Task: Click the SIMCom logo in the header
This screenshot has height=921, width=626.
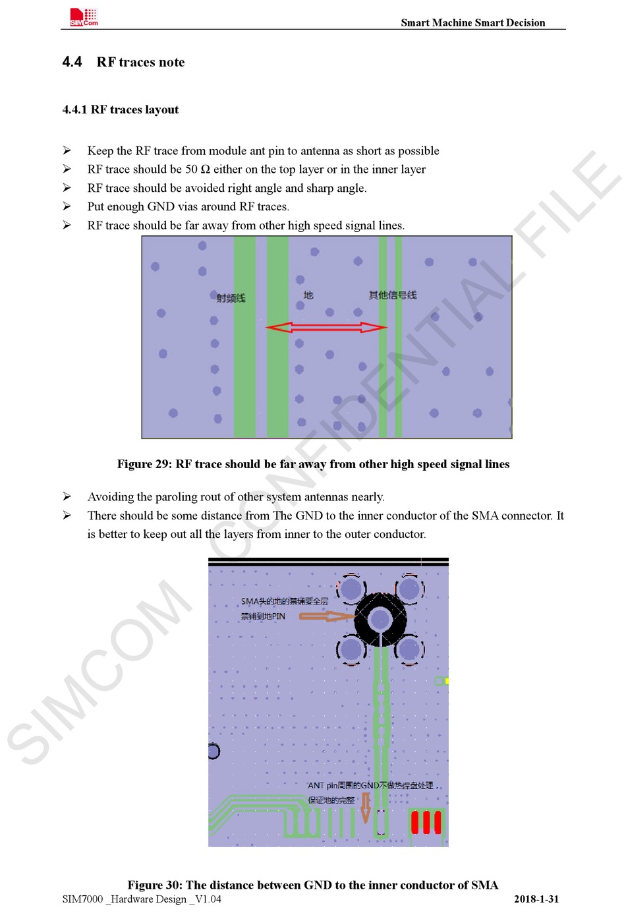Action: [x=84, y=18]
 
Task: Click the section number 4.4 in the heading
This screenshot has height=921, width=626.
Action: [x=72, y=62]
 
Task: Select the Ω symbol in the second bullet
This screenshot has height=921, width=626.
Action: [x=205, y=169]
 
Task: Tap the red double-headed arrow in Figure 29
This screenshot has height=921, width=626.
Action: [x=326, y=327]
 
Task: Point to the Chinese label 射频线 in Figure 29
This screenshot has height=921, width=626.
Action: [x=231, y=298]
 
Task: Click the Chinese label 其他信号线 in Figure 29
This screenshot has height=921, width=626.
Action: [x=393, y=295]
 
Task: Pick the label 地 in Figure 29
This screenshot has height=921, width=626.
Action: [x=308, y=295]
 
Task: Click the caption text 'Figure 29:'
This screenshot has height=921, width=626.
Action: [x=144, y=464]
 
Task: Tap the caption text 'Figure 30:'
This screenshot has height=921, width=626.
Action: [x=155, y=885]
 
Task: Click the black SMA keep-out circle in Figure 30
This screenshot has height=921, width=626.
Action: [x=380, y=619]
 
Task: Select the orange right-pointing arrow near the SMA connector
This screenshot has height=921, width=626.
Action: [x=326, y=616]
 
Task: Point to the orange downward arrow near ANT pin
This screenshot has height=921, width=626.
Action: [x=366, y=808]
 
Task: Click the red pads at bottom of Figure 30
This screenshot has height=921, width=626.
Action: [x=426, y=822]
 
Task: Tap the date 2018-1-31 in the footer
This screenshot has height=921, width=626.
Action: [x=536, y=899]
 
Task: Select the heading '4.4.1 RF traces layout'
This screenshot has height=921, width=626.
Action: [x=121, y=109]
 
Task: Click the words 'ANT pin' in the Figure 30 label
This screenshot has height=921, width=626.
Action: [x=323, y=785]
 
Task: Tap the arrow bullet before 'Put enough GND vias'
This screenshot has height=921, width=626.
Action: [x=67, y=206]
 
